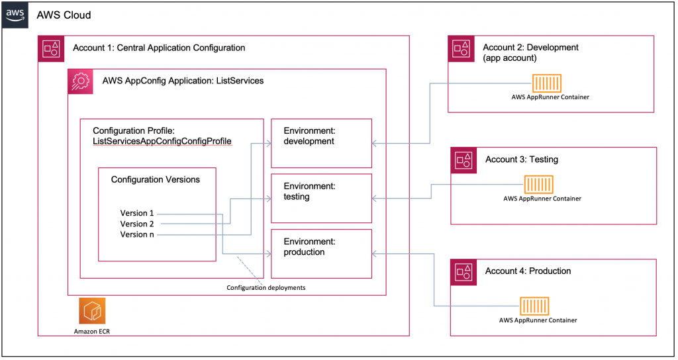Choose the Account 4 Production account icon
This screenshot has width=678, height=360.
pyautogui.click(x=463, y=271)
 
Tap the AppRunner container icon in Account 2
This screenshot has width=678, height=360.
pyautogui.click(x=548, y=83)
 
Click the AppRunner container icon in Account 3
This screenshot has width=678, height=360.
pyautogui.click(x=539, y=184)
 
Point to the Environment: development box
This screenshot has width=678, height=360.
pyautogui.click(x=322, y=144)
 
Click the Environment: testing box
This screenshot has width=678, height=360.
pyautogui.click(x=322, y=199)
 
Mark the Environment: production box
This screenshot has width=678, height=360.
pyautogui.click(x=322, y=253)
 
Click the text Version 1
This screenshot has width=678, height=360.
pyautogui.click(x=137, y=213)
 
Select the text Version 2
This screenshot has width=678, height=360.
pyautogui.click(x=137, y=224)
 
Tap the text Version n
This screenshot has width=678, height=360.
pyautogui.click(x=137, y=234)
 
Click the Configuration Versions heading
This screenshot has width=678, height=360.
pyautogui.click(x=155, y=179)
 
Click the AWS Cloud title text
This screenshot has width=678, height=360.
pyautogui.click(x=64, y=15)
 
